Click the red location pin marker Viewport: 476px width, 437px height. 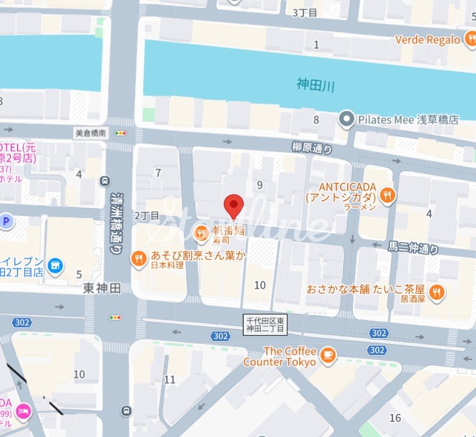[x=233, y=206]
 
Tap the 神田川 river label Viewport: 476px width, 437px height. [x=315, y=85]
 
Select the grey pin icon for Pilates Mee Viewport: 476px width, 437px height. [x=346, y=119]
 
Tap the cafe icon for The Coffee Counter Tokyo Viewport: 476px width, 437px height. [x=328, y=355]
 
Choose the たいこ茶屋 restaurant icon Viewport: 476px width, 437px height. [x=436, y=293]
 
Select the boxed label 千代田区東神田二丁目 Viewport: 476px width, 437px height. [x=264, y=324]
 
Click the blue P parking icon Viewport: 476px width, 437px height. [x=5, y=222]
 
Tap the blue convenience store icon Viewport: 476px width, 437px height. [x=56, y=265]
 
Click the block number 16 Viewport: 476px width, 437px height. [x=395, y=418]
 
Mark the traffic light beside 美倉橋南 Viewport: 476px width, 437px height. [x=122, y=133]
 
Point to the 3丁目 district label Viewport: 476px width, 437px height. [x=304, y=12]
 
